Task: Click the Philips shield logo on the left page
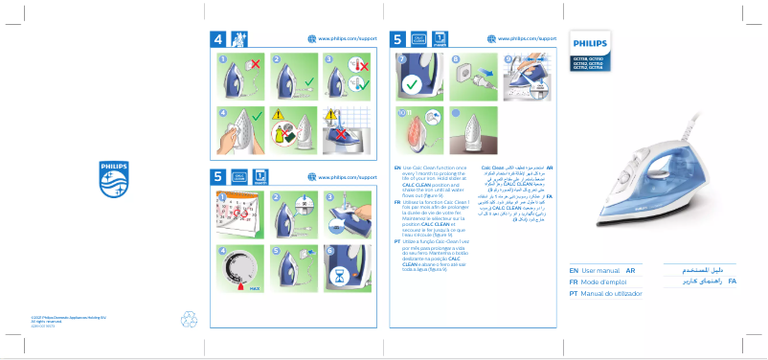[x=113, y=178]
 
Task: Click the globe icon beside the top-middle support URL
[x=311, y=38]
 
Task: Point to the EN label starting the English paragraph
[x=397, y=167]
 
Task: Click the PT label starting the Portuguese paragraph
[x=397, y=242]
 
